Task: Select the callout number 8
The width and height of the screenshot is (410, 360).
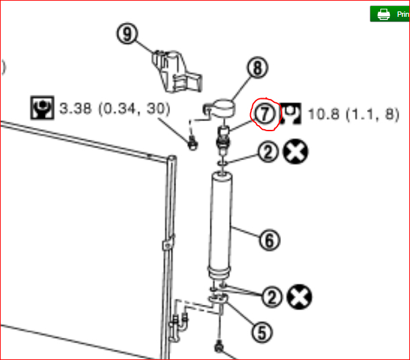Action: tap(257, 67)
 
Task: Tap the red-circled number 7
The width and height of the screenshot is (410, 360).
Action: tap(265, 114)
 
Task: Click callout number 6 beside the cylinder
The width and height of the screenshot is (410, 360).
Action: tap(269, 239)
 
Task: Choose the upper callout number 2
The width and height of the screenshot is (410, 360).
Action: tap(268, 152)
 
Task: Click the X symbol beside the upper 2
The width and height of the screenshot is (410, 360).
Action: tap(295, 152)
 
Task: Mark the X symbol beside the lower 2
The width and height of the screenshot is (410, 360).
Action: tap(298, 296)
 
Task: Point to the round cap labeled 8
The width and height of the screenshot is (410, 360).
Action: tap(222, 106)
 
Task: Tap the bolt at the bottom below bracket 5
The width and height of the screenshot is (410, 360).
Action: tap(219, 348)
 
